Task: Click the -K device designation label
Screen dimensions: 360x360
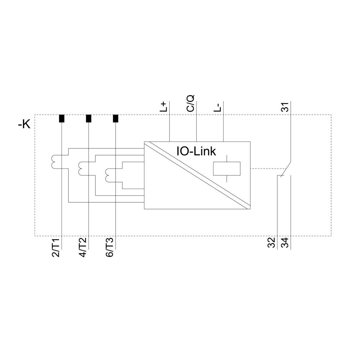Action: (24, 125)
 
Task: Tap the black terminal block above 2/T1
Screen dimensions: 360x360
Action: (62, 118)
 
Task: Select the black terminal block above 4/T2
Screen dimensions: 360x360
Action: (89, 118)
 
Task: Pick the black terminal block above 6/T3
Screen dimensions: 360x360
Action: (116, 118)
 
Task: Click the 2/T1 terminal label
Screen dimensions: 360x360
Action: (56, 247)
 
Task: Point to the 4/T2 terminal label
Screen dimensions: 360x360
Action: (83, 247)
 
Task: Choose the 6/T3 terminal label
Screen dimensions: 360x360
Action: (110, 247)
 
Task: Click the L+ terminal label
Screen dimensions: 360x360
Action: (164, 107)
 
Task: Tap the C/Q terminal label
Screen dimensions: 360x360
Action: (191, 103)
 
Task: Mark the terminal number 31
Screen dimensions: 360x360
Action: (285, 107)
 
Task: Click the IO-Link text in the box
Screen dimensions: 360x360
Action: (196, 151)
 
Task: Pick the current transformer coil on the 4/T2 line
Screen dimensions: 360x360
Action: (81, 168)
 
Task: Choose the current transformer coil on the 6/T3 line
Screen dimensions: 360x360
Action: (107, 175)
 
